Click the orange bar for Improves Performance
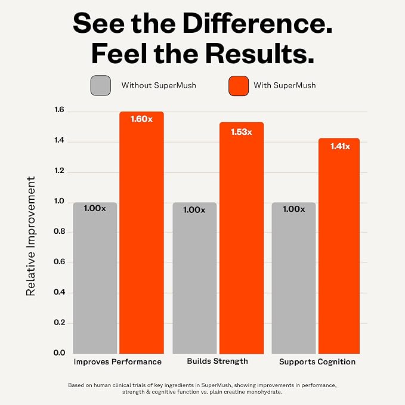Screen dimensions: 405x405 tap(141, 233)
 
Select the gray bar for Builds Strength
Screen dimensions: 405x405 tap(194, 278)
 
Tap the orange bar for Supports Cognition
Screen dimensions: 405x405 tap(339, 246)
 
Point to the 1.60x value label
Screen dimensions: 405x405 tap(141, 119)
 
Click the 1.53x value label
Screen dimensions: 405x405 tap(241, 132)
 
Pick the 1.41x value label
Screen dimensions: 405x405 tap(340, 147)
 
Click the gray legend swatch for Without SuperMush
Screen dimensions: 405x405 tap(101, 85)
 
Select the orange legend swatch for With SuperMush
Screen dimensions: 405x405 tap(239, 86)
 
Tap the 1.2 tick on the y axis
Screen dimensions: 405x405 tap(59, 171)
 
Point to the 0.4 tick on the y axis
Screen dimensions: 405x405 tap(59, 292)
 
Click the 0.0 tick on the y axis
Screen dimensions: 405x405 tap(59, 353)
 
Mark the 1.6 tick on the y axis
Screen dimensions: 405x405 tap(59, 110)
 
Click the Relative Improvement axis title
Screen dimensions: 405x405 tap(30, 236)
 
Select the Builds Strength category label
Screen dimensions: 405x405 tap(218, 361)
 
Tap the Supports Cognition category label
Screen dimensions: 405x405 tap(317, 362)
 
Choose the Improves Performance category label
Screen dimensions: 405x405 tap(118, 362)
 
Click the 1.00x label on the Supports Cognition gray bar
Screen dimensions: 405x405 tap(293, 209)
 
